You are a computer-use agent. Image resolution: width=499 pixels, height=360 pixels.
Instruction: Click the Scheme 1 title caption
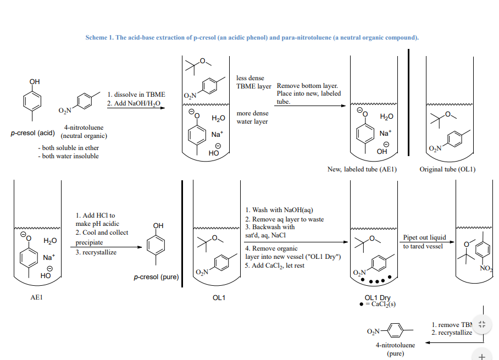point(252,37)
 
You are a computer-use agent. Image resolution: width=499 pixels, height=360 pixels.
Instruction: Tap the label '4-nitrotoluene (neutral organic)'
point(84,131)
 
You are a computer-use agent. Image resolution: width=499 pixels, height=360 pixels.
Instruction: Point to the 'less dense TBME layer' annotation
point(253,82)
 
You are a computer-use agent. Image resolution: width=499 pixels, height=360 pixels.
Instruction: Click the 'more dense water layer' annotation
point(252,117)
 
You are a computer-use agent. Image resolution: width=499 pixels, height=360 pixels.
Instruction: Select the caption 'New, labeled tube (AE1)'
point(362,169)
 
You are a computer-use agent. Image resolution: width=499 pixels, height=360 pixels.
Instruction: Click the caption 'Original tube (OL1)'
point(447,169)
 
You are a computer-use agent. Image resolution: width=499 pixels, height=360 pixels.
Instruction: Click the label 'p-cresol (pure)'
point(157,277)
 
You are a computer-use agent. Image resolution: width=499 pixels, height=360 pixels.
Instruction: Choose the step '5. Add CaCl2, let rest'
point(275,265)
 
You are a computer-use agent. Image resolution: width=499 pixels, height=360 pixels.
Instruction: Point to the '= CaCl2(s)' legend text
point(381,304)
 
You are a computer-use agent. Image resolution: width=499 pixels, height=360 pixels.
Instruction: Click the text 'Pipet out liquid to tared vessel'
point(424,242)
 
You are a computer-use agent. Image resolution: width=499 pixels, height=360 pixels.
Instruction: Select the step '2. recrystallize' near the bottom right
point(452,333)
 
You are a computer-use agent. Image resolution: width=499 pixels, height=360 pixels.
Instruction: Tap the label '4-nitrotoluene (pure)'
point(396,349)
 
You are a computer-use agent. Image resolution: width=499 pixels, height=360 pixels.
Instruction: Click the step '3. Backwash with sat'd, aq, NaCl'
point(270,231)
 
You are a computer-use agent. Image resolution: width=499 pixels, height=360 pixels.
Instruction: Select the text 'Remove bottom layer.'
point(307,86)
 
